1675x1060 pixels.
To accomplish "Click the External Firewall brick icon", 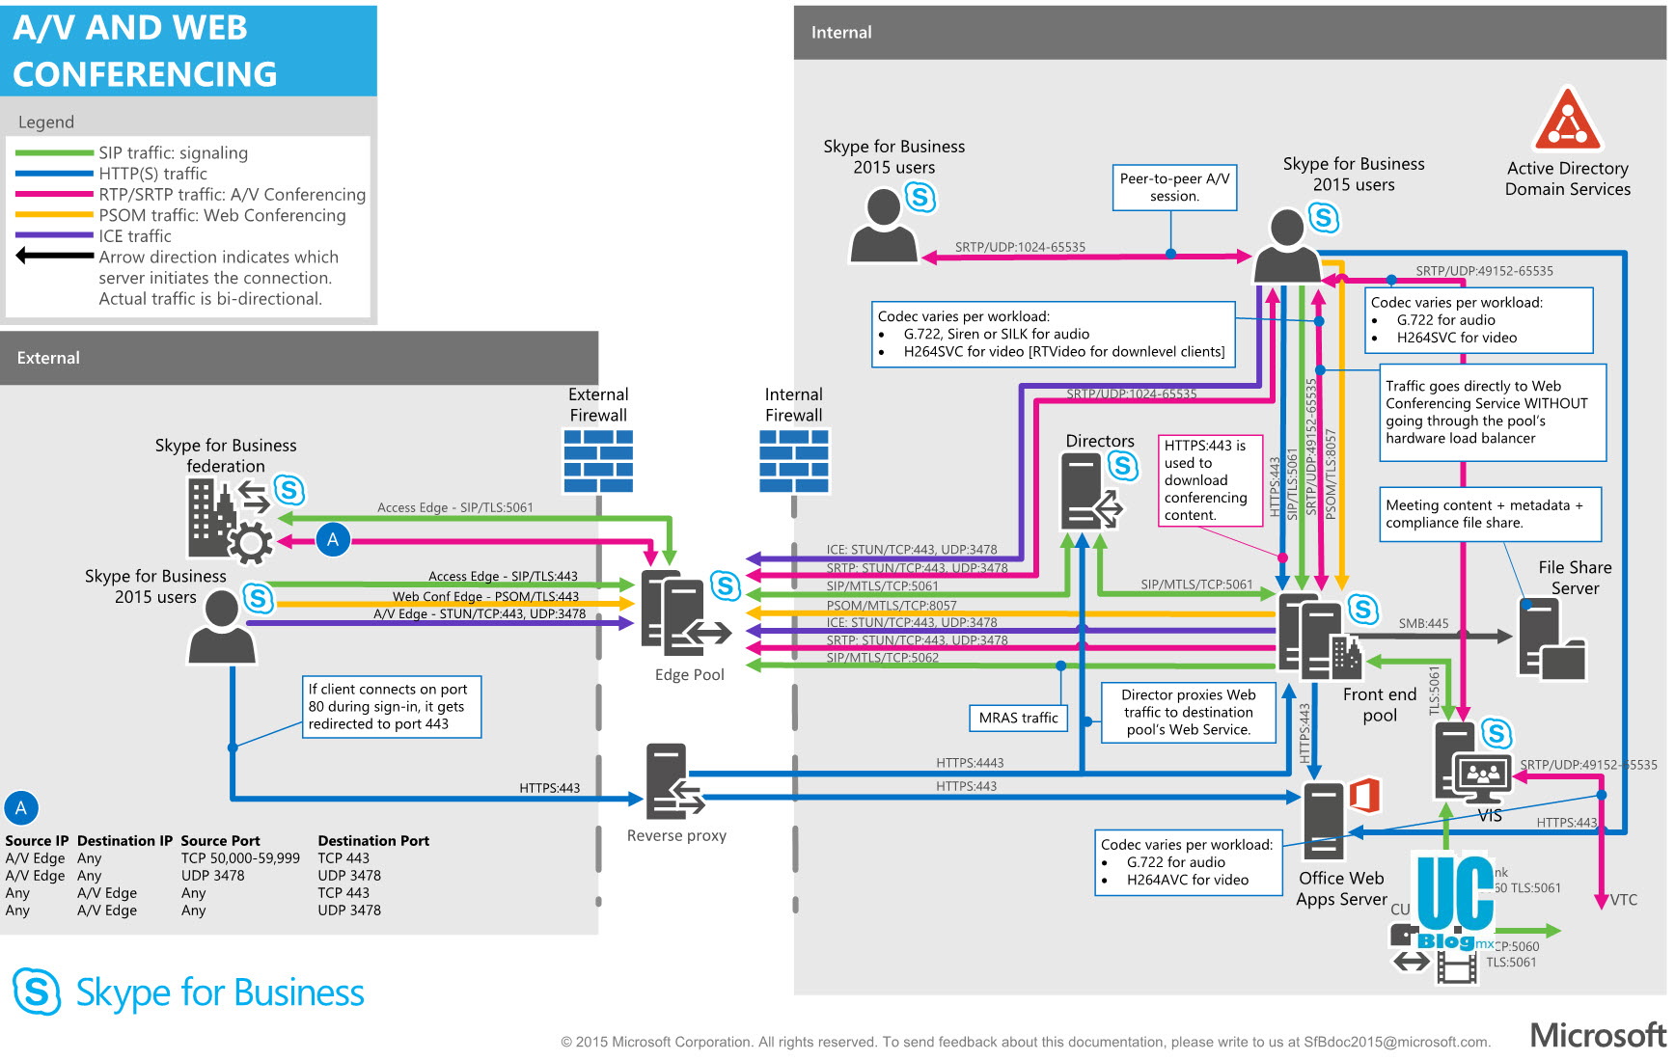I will [x=598, y=460].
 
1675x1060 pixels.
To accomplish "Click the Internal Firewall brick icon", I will [x=794, y=460].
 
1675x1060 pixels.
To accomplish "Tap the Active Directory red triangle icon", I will [x=1567, y=120].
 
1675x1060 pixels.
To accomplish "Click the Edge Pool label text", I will [x=689, y=675].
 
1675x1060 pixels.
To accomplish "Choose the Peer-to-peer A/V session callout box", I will [x=1174, y=187].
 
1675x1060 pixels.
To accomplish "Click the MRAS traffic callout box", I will [x=1018, y=718].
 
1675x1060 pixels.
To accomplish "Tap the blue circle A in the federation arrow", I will [x=333, y=540].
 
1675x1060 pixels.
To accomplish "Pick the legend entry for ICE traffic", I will [x=135, y=236].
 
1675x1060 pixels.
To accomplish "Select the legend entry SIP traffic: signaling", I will [x=173, y=153].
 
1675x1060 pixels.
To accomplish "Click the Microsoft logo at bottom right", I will [x=1598, y=1035].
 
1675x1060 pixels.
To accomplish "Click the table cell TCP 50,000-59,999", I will [x=240, y=858].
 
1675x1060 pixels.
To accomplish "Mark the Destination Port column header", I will [x=373, y=841].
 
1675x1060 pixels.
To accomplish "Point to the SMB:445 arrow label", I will [x=1423, y=624].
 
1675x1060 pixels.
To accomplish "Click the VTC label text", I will [x=1624, y=900].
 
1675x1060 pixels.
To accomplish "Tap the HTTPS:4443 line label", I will [x=970, y=763].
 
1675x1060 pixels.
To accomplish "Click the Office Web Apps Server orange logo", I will [x=1364, y=796].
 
